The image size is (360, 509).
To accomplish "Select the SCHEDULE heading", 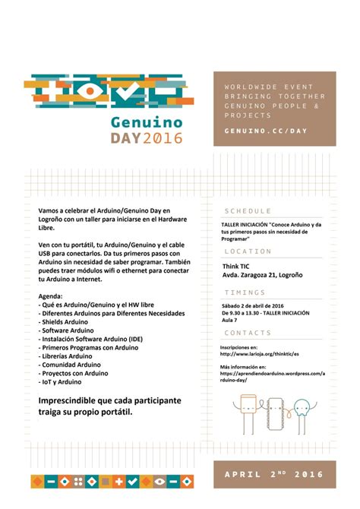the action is tap(248, 211).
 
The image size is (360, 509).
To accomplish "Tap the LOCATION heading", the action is tap(248, 251).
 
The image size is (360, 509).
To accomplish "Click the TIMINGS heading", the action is tap(245, 291).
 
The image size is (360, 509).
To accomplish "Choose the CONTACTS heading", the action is tap(248, 333).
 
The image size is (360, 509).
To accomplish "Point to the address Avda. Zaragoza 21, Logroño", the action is tap(260, 275).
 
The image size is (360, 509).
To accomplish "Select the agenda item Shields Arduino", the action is tap(65, 321).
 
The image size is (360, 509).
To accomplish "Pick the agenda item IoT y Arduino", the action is tap(61, 381).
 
